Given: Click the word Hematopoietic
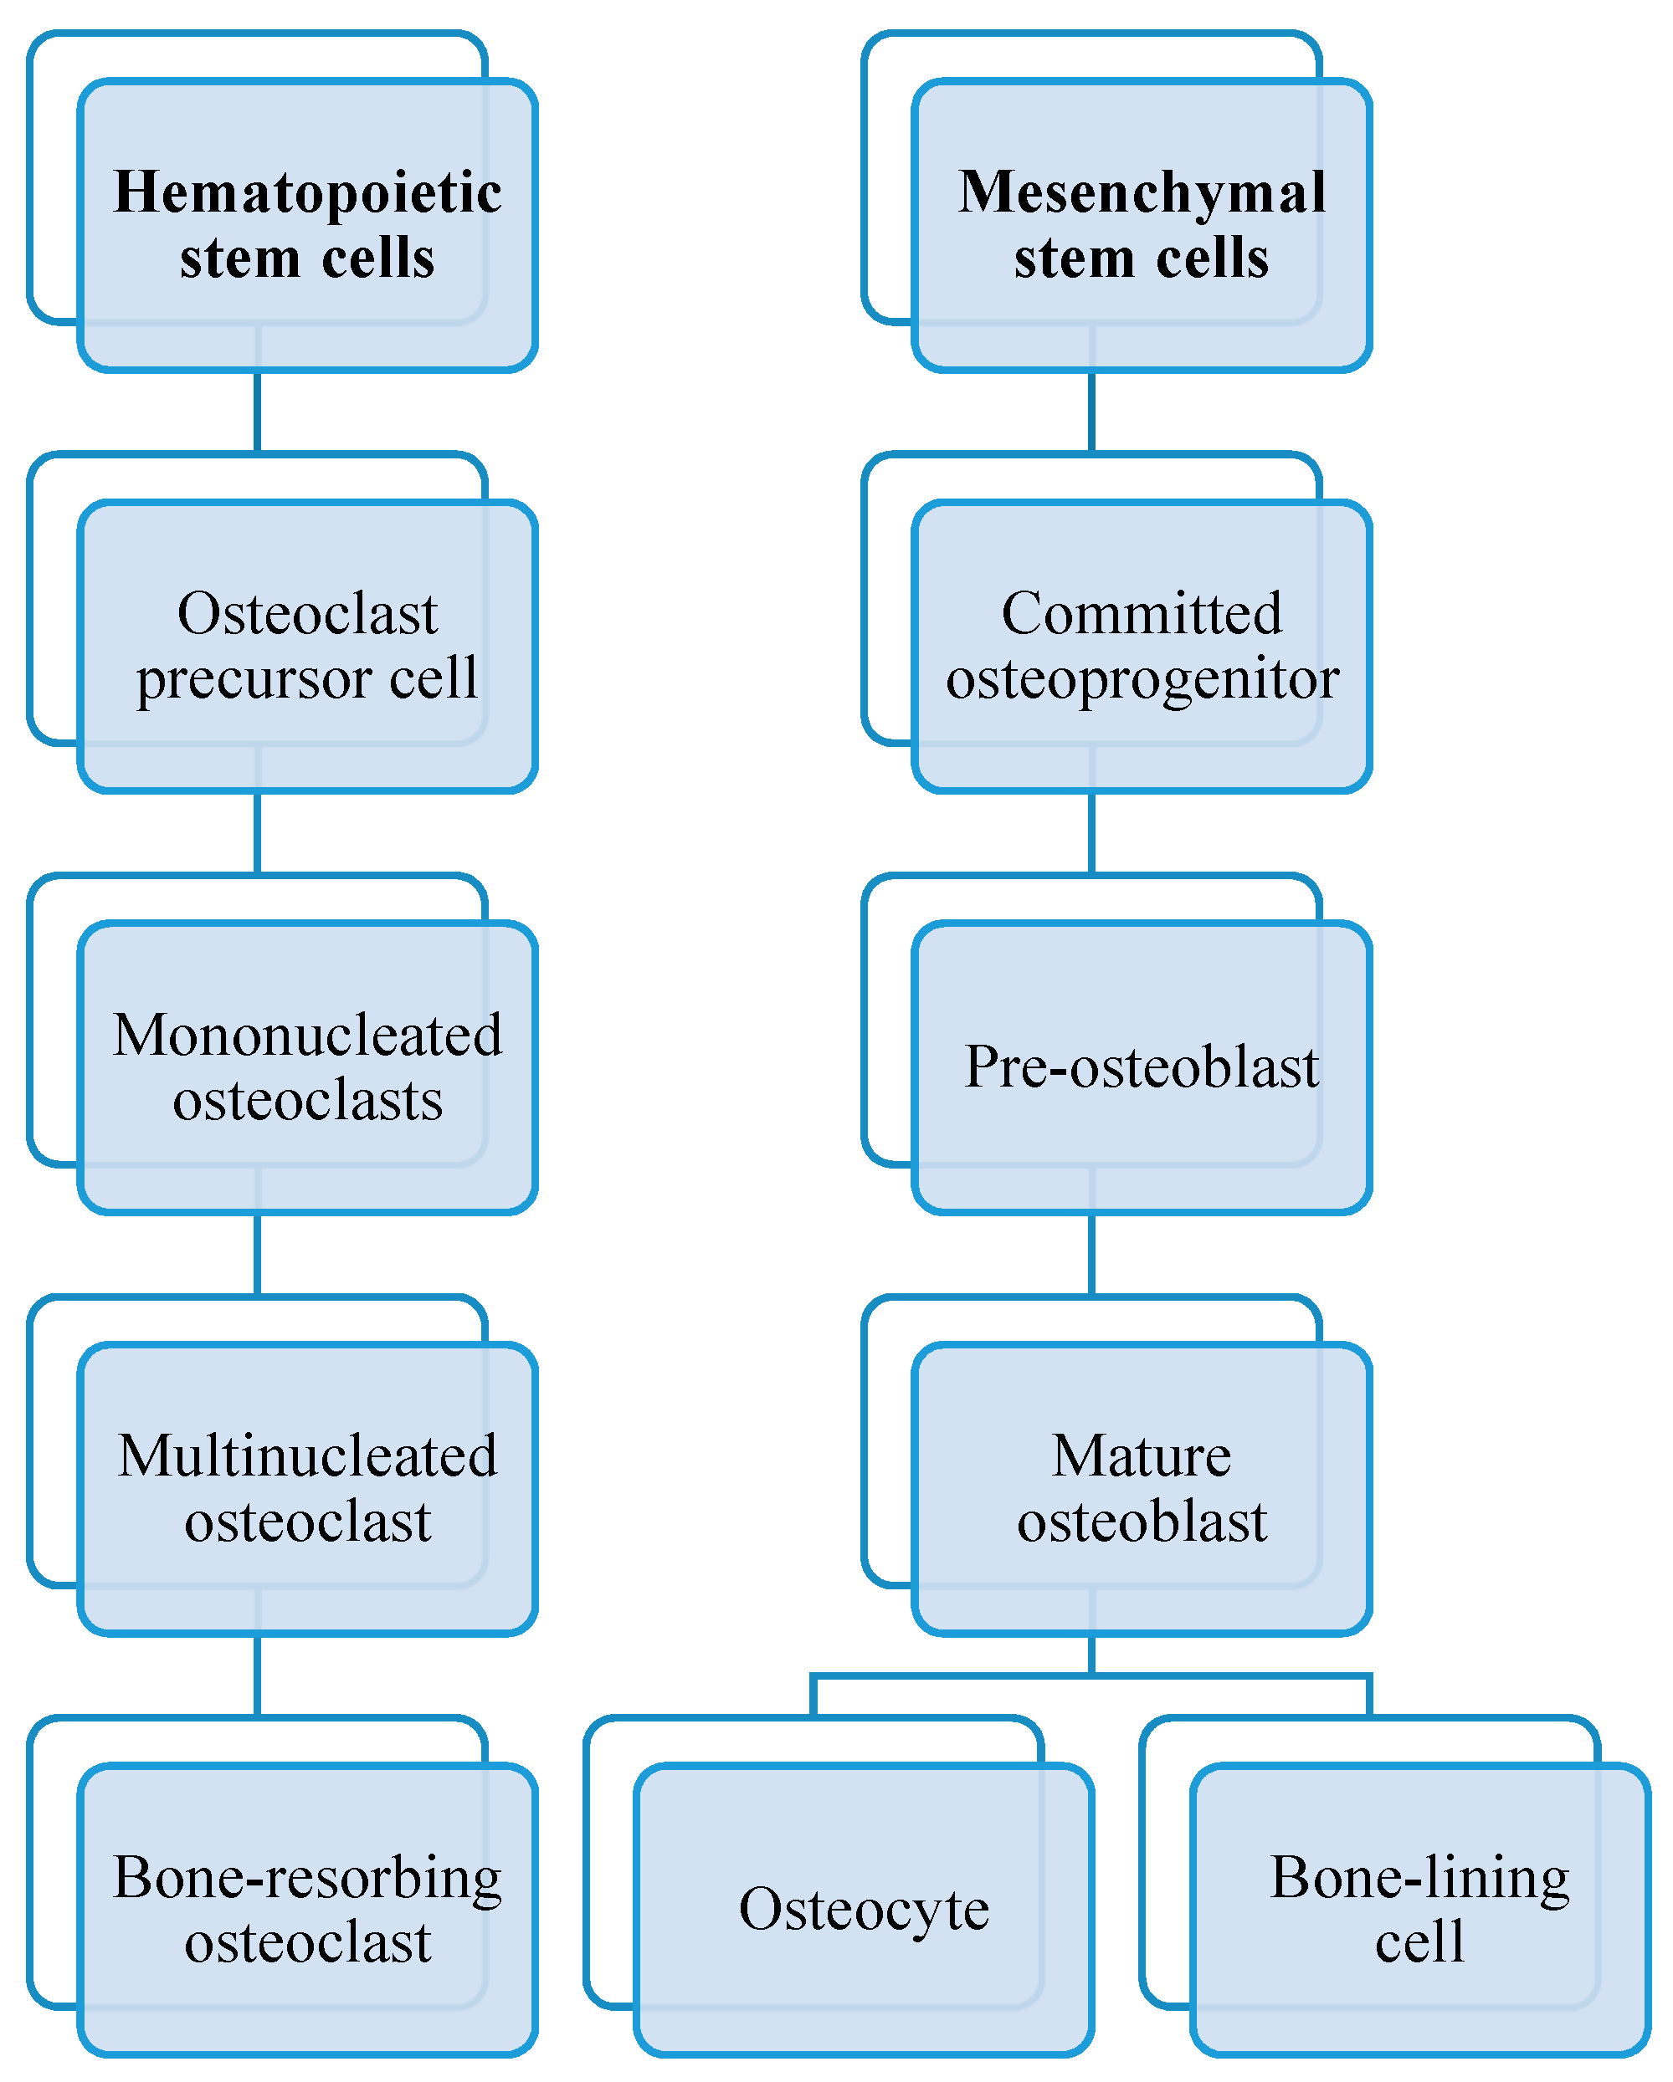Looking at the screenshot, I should [x=307, y=192].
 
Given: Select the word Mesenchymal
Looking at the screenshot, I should [x=1142, y=192].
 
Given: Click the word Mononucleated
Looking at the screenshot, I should [x=307, y=1036].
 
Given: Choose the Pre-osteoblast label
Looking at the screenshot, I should [x=1142, y=1067].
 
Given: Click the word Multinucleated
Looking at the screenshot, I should [x=307, y=1456].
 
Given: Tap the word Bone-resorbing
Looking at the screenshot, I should [x=307, y=1878].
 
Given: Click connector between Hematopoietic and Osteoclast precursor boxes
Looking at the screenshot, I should [x=257, y=412].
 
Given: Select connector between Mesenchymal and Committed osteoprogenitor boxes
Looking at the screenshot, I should [x=1091, y=412].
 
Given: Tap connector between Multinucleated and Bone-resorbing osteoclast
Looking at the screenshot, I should [x=257, y=1675].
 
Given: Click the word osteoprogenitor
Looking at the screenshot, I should [x=1142, y=679].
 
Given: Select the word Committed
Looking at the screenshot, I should [x=1142, y=613].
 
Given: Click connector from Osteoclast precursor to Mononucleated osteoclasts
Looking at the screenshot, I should [x=257, y=832].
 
